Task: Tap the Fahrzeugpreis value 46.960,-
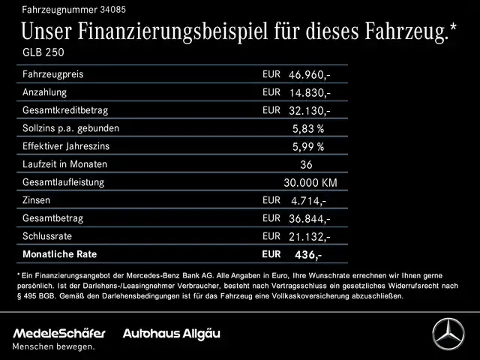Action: [309, 76]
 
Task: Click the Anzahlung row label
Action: [45, 93]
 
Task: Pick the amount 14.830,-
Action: [309, 94]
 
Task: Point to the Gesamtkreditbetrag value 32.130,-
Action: [309, 111]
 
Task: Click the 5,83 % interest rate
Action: [307, 129]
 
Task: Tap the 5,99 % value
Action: [307, 147]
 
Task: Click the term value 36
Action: [305, 165]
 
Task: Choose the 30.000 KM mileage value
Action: [310, 183]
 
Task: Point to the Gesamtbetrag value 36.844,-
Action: [309, 219]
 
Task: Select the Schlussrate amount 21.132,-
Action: [309, 237]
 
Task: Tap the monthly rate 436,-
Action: [308, 256]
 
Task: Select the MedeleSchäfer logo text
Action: [58, 332]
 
